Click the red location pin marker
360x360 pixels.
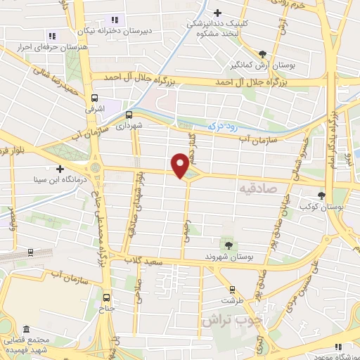[x=181, y=165]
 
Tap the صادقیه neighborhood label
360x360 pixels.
[x=257, y=189]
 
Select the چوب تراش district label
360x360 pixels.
[x=231, y=320]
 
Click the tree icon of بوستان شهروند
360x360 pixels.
[x=228, y=244]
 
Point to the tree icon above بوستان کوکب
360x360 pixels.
[x=321, y=195]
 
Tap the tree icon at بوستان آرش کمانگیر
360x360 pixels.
[x=262, y=53]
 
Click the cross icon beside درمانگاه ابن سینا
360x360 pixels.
[x=61, y=169]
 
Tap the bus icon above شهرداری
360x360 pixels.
[x=129, y=114]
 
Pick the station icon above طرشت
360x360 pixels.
[x=232, y=288]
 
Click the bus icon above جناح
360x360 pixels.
[x=107, y=297]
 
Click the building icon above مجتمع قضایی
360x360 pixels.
[x=26, y=330]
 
